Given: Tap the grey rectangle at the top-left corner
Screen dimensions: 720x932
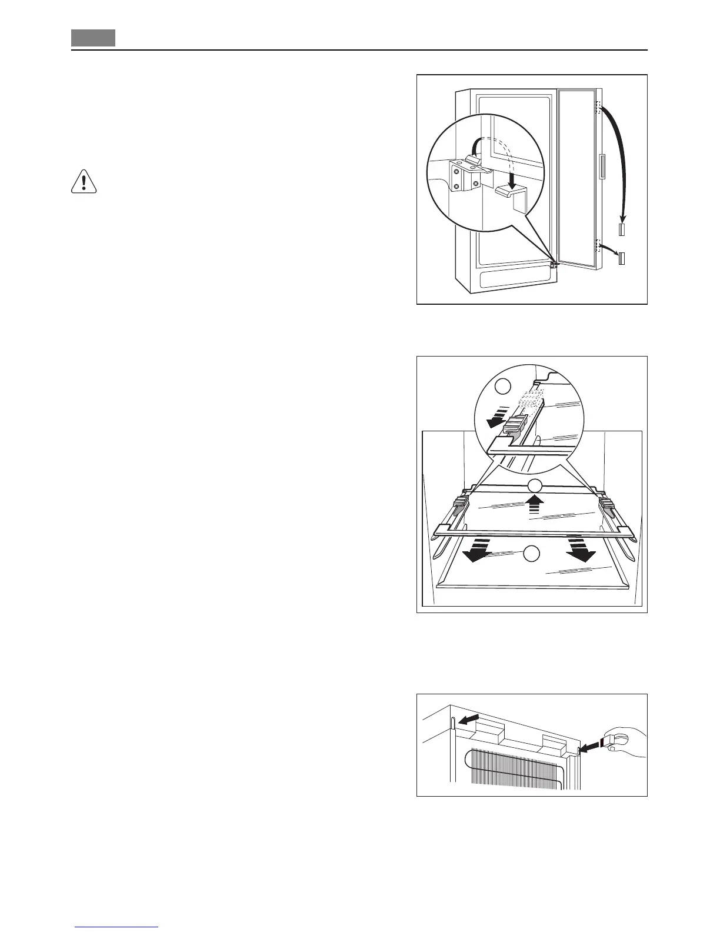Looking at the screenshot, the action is coord(93,38).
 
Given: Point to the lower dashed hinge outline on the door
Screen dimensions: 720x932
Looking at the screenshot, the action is coord(599,246).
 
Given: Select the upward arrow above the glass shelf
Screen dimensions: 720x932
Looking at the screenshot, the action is coord(534,504).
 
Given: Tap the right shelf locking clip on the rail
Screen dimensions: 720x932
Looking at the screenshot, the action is coord(606,503).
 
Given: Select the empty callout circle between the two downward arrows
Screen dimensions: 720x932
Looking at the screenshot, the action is coord(532,553).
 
